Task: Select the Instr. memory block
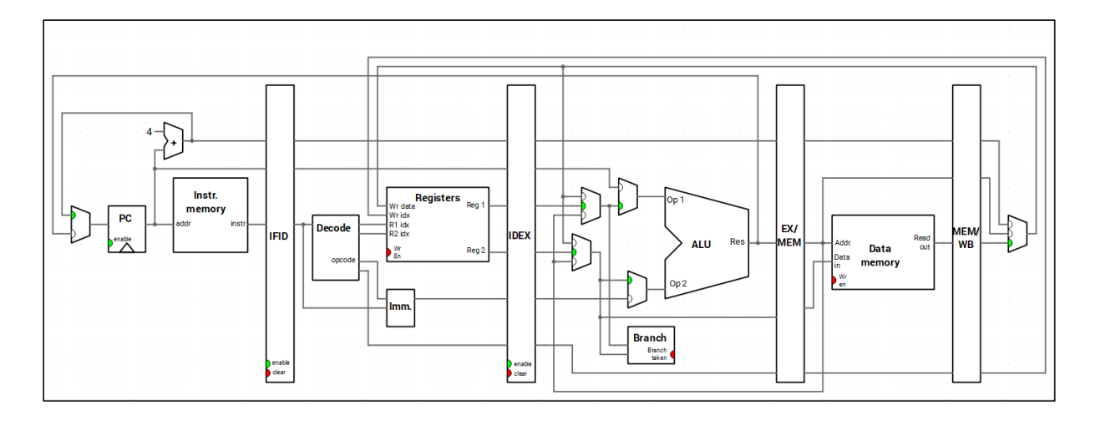(x=210, y=215)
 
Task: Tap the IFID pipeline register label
(x=279, y=236)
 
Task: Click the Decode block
(x=332, y=228)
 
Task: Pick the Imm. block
(x=400, y=307)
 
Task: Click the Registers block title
(x=438, y=198)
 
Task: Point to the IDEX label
(x=520, y=236)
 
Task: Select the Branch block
(x=650, y=337)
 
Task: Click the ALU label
(x=701, y=244)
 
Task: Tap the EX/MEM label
(x=789, y=235)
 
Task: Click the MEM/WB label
(x=966, y=236)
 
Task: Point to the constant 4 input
(x=150, y=131)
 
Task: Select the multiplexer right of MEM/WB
(x=1016, y=233)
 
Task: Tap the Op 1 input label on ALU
(x=677, y=200)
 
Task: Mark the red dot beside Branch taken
(x=672, y=354)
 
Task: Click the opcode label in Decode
(x=343, y=260)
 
